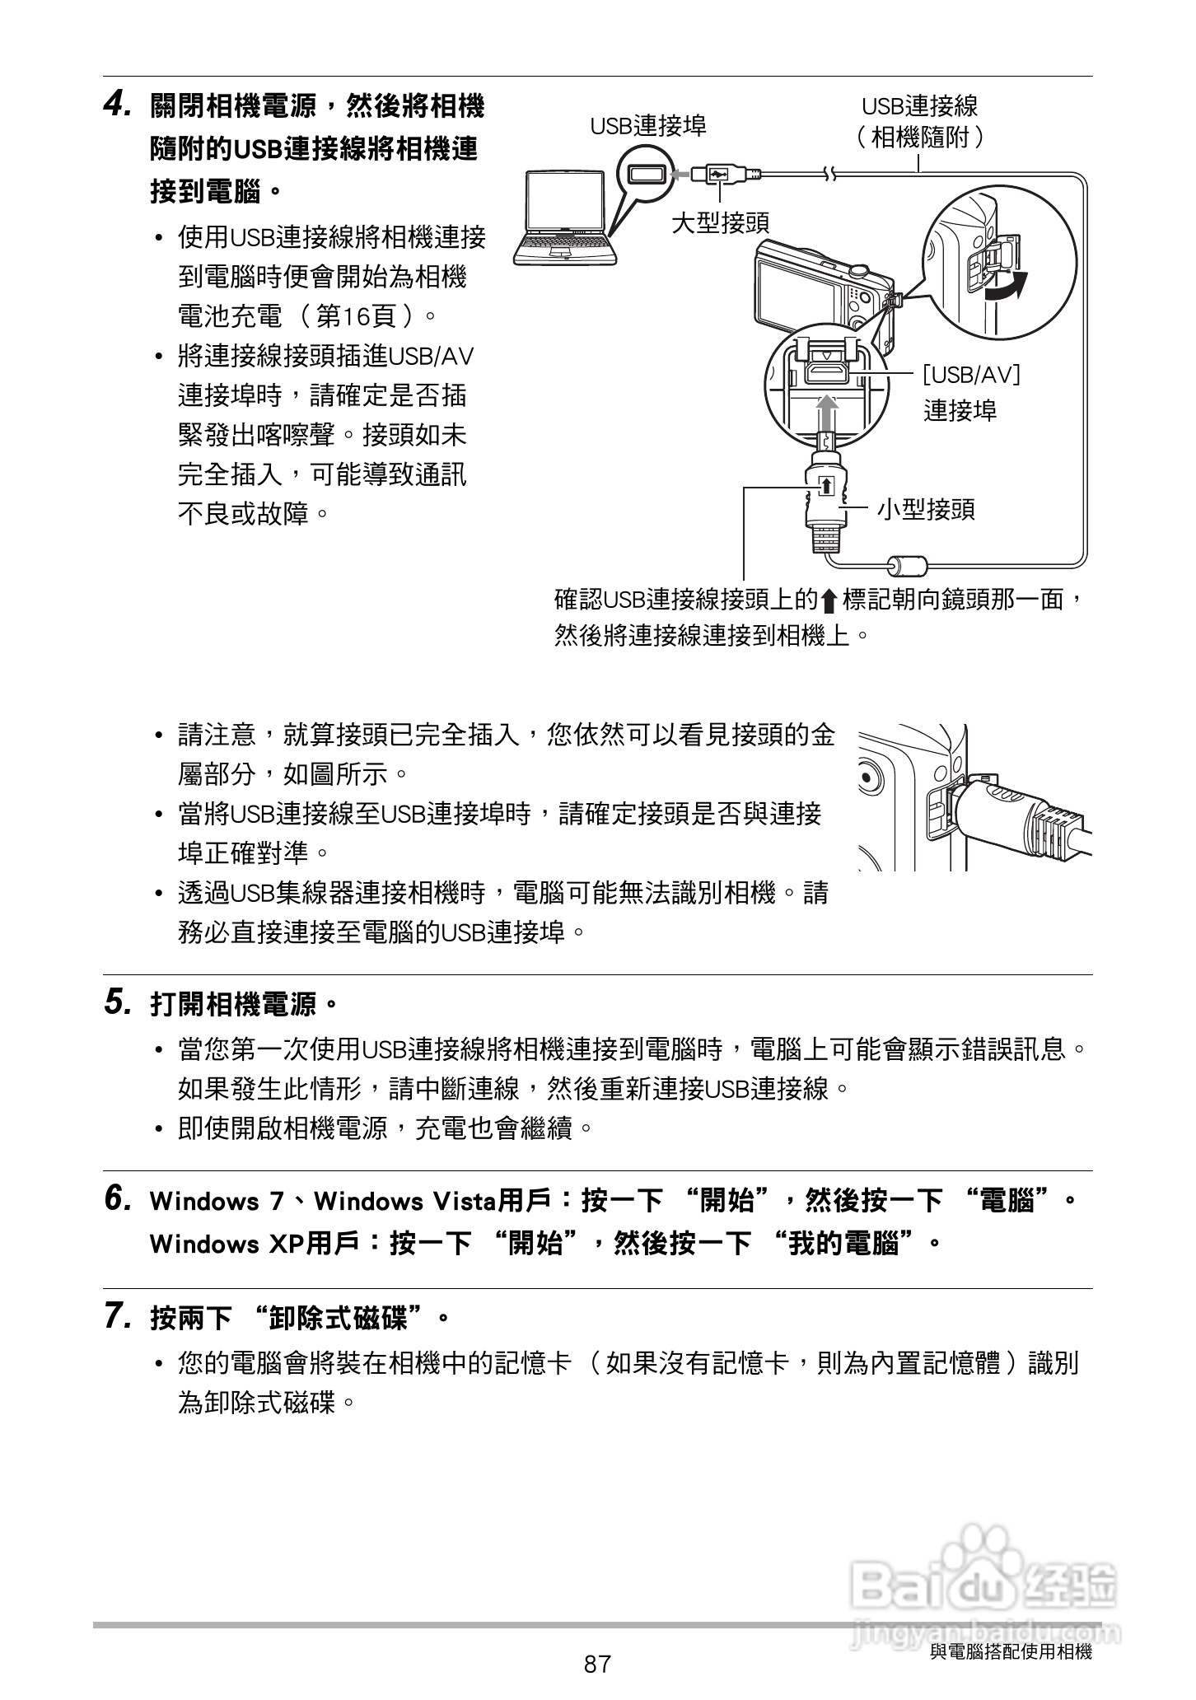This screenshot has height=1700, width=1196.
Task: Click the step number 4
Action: coord(117,105)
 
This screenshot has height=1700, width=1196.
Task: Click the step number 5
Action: coord(117,1002)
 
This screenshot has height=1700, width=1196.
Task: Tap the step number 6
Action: coord(117,1198)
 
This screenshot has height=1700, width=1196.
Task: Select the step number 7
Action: coord(117,1316)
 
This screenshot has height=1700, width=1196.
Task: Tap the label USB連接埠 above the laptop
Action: coord(647,125)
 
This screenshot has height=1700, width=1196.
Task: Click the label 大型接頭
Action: coord(720,222)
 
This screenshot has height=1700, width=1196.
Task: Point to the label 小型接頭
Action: coord(926,509)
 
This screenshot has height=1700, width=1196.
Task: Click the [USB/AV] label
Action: coord(971,375)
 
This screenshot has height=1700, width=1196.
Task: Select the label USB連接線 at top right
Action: coord(919,105)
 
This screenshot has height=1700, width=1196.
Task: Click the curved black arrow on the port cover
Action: coord(1008,288)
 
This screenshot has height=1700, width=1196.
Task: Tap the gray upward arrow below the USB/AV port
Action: coord(827,412)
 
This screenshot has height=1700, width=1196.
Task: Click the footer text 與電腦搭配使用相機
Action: coord(1010,1651)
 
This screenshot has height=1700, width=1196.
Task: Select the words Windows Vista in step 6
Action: coord(405,1201)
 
